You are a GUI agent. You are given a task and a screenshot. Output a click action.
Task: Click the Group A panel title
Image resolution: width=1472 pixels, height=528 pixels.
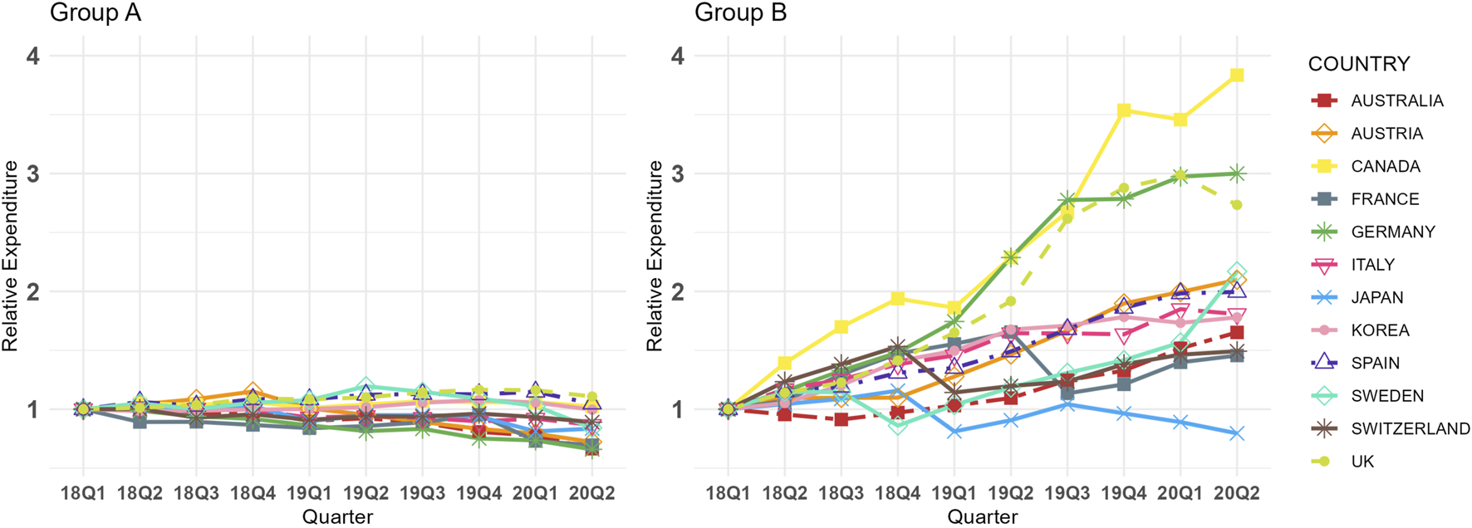96,13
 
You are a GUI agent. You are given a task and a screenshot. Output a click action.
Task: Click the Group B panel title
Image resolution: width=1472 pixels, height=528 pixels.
740,13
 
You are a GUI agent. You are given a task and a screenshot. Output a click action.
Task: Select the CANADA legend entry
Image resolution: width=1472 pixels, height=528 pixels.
1385,166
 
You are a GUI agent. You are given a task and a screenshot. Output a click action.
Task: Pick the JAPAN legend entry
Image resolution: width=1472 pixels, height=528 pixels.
1376,297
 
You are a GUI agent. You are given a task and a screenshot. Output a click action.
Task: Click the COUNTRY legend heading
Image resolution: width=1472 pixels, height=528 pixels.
1359,64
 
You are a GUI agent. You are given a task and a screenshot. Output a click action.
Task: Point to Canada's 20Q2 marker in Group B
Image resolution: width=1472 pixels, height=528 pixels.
1237,76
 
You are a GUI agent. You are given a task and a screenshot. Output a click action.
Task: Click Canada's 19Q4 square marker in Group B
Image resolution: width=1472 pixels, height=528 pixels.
1124,110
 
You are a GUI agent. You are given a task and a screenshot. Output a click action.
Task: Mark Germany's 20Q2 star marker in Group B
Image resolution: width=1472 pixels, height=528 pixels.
1237,174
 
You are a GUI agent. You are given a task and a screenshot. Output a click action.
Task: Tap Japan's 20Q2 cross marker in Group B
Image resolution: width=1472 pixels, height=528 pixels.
1237,433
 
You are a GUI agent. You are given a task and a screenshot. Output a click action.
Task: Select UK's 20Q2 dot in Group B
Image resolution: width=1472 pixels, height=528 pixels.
1237,205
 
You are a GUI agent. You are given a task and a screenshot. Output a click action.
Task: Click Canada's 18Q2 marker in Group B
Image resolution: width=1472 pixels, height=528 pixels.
785,364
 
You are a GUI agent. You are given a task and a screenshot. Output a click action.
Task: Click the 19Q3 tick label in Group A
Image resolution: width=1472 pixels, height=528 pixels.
422,493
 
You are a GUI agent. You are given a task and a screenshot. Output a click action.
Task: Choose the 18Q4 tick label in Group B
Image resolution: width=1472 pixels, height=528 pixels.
898,493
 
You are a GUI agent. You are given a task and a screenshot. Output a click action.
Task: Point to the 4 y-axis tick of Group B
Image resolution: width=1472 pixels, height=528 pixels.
678,56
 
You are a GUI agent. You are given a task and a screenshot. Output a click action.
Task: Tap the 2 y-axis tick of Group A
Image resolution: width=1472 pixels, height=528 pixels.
33,291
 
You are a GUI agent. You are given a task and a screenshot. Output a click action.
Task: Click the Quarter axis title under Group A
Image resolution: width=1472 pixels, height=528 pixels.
337,517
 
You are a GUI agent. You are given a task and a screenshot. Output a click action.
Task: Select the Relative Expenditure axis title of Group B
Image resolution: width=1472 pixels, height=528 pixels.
655,256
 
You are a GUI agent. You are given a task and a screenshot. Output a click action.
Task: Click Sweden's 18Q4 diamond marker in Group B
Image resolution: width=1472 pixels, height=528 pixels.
898,426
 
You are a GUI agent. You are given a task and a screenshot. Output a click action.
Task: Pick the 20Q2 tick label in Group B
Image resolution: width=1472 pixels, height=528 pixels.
1237,493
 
